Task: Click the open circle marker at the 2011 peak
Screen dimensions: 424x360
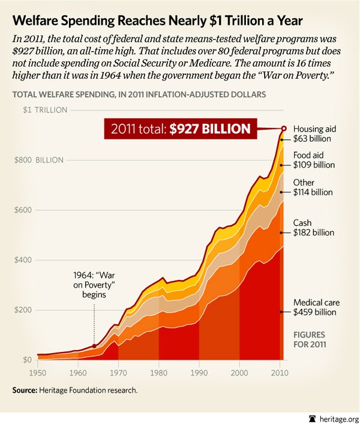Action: tap(284, 128)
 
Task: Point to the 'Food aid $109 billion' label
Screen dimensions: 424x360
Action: tap(313, 159)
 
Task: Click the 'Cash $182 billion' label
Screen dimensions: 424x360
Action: tap(313, 228)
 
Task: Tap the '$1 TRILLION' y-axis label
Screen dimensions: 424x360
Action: tap(46, 110)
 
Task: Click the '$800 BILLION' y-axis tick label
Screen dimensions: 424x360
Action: tap(46, 160)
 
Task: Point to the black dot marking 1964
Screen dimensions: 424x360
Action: tap(94, 346)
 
